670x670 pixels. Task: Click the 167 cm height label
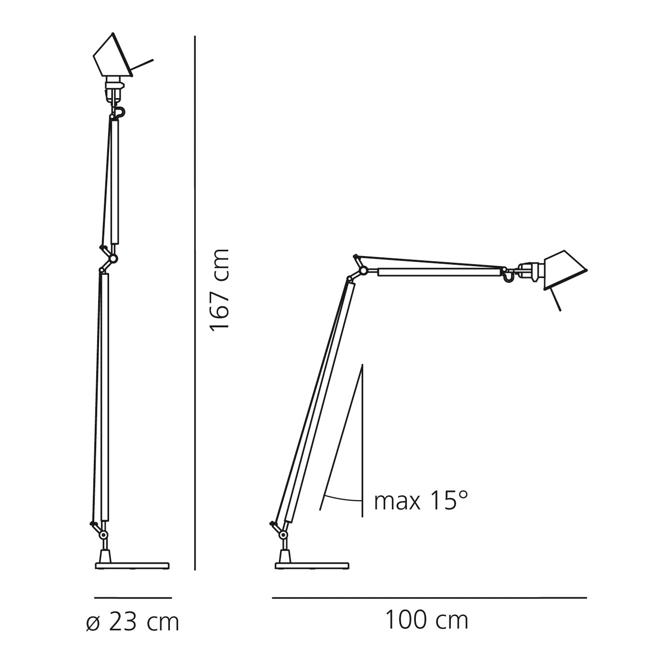point(220,290)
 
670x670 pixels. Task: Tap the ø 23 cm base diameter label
point(132,622)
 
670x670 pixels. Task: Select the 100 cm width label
point(426,620)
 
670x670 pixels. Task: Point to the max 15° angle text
point(421,501)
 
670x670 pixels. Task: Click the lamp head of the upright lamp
point(113,57)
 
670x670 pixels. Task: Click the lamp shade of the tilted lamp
point(565,270)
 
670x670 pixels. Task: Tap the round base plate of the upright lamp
point(132,566)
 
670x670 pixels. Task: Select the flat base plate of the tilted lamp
point(312,566)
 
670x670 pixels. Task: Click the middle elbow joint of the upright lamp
point(113,259)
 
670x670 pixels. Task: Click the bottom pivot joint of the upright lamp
point(104,535)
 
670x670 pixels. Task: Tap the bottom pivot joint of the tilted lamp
point(283,535)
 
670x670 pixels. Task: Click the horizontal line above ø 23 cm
point(133,598)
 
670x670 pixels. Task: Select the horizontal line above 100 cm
point(429,598)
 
